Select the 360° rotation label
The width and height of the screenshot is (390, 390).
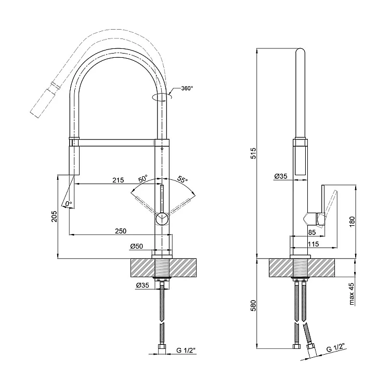point(187,88)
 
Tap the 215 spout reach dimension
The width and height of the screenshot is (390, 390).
point(118,180)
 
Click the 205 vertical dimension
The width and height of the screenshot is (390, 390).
point(54,217)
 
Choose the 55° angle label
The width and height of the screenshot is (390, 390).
point(182,179)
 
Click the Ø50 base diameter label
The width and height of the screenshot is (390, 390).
point(137,245)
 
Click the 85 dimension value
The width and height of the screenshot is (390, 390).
point(312,232)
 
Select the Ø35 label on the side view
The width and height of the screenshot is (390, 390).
point(281,177)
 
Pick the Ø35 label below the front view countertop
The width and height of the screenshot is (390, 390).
point(143,285)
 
